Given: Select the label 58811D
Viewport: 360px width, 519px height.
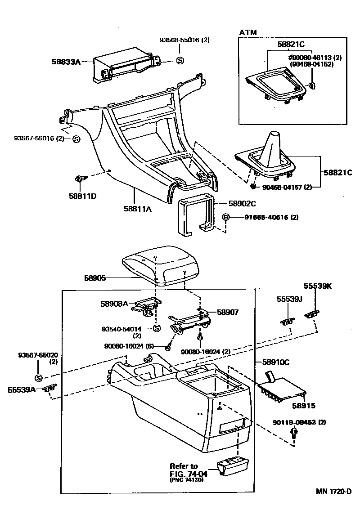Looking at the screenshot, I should (x=82, y=196).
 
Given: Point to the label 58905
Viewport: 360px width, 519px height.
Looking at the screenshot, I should (x=95, y=278).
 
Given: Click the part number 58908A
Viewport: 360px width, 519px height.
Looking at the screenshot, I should (x=114, y=304).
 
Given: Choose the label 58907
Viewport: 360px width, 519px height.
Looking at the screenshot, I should (x=227, y=312).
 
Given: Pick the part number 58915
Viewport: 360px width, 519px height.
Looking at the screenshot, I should (x=303, y=405).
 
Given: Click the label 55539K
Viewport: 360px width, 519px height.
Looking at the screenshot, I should (x=317, y=286).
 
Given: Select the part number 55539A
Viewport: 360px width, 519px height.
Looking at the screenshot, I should (x=22, y=389).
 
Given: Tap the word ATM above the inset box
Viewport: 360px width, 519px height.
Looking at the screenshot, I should (x=247, y=32).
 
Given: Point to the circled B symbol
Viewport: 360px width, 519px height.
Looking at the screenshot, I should (x=226, y=217).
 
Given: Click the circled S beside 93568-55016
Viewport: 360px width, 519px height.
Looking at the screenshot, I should (x=180, y=60).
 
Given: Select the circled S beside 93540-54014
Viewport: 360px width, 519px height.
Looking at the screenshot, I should (x=157, y=328).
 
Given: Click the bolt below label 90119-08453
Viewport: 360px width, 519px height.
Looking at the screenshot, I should (x=294, y=433).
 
